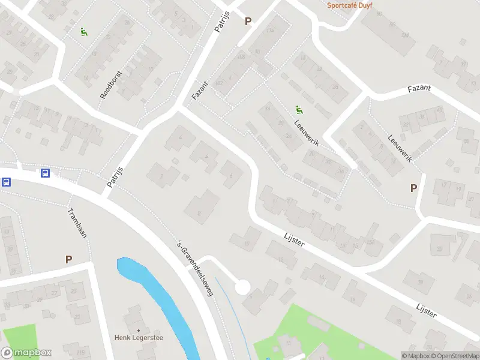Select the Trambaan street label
pos(77,223)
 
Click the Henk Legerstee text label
pos(139,337)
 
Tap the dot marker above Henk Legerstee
pos(139,330)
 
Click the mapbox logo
pos(26,353)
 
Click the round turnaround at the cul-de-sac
pos(242,287)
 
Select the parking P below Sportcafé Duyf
pos(248,21)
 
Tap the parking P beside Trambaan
pos(68,259)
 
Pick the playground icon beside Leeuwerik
pos(298,109)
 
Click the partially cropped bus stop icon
pos(5,182)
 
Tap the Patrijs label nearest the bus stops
pos(115,177)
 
